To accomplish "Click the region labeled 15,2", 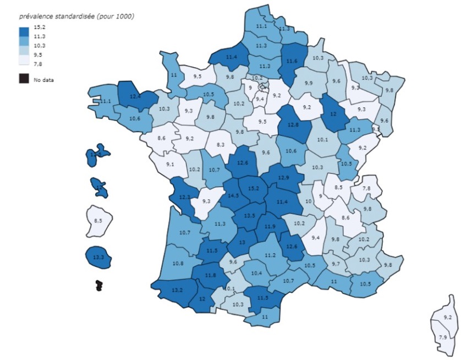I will point(254,188).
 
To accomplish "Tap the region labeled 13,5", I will point(250,215).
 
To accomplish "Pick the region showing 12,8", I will point(292,124).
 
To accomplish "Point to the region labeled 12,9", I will point(283,177).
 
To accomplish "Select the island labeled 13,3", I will point(99,257).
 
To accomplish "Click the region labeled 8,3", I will point(221,144).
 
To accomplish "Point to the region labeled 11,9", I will point(270,226).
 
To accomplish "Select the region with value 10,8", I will point(178,264).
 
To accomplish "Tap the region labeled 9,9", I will point(308,83).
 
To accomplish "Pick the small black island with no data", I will point(99,285).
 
